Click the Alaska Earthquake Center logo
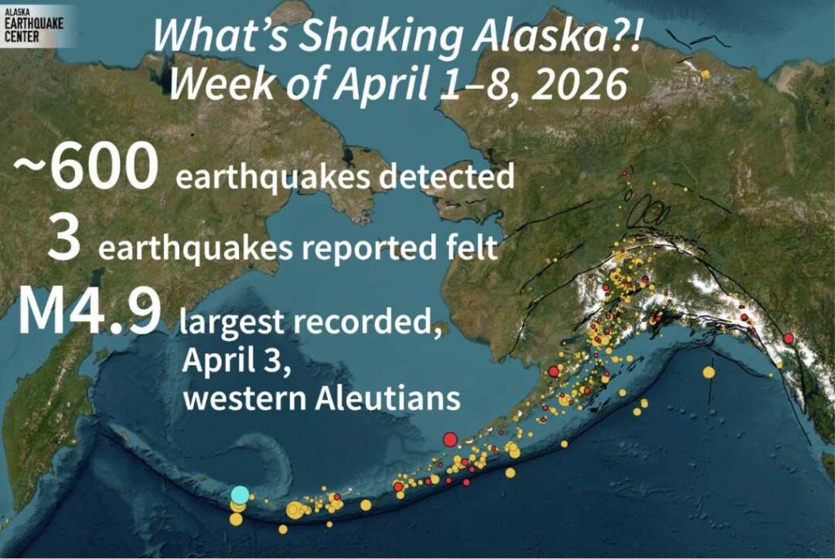38,24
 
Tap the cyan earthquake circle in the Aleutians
239,494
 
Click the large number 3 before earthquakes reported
64,243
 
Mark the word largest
231,324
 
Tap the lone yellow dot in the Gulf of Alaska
709,372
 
